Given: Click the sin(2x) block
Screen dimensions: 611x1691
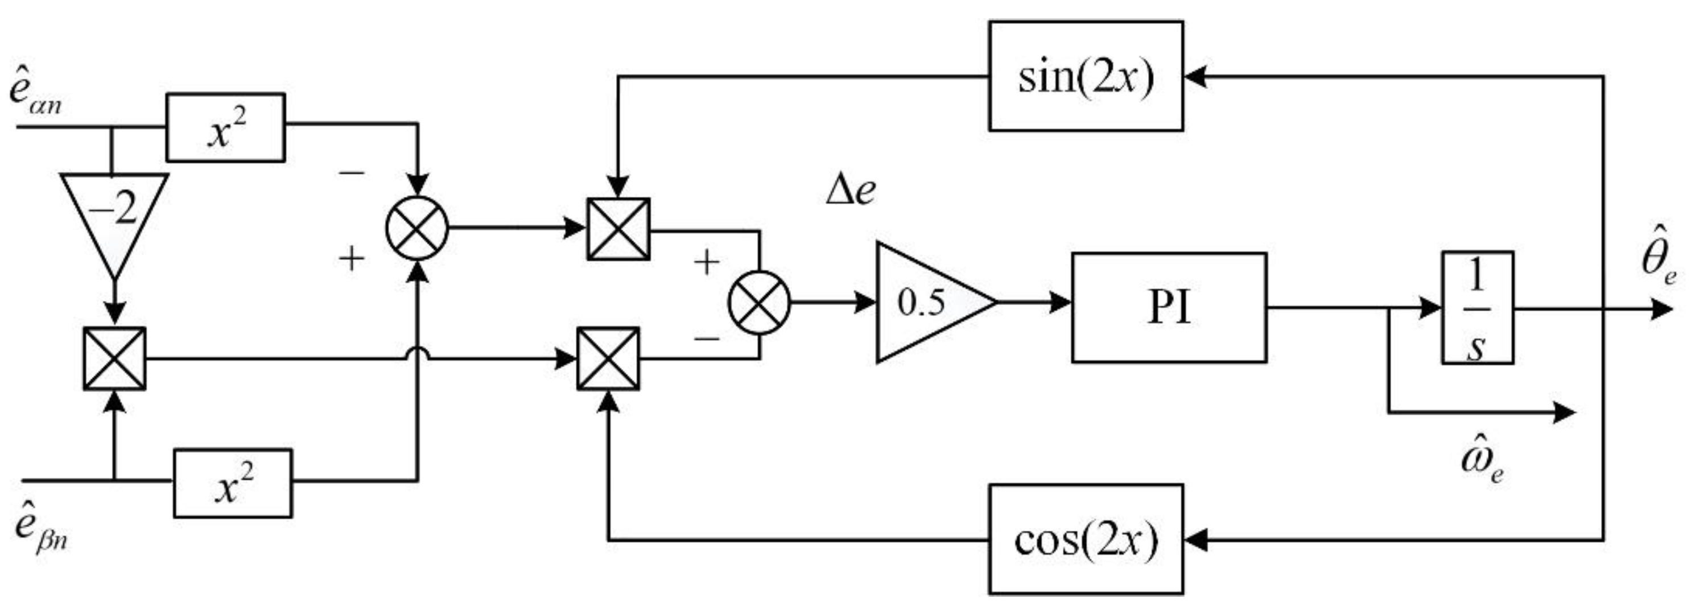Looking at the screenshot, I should pos(1086,76).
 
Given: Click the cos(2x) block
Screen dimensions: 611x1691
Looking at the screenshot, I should pos(1086,539).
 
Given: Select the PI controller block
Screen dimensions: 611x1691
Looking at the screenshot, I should pos(1169,307).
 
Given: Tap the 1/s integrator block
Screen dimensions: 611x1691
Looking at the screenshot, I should pos(1477,307).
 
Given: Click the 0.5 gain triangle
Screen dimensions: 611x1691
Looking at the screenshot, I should pos(926,303).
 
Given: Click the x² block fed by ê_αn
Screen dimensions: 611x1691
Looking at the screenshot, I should pos(225,127).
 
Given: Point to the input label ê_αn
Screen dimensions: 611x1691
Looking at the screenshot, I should pos(36,95).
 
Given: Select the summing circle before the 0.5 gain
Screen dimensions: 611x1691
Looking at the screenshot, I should pos(759,303).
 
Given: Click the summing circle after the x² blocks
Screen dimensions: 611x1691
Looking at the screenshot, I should pos(417,228).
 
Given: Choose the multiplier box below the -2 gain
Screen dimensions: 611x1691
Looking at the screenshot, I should pos(115,358).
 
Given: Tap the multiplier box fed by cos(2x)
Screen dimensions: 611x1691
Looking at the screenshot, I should pos(608,359).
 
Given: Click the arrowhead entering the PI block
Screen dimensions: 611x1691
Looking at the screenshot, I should pos(1060,303).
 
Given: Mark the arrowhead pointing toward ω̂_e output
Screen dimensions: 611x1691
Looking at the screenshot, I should pos(1566,412).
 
